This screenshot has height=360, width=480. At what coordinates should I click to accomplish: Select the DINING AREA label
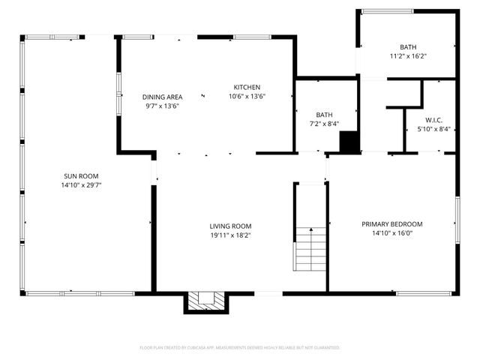(163, 97)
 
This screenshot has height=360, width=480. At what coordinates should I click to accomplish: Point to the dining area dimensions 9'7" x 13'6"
(163, 106)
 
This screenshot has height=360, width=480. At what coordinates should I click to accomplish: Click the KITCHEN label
(247, 87)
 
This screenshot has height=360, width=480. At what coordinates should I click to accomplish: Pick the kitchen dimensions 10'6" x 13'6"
(247, 96)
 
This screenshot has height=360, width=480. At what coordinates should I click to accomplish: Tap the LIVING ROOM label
(230, 226)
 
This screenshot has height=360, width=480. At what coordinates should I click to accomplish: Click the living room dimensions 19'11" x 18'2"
(230, 235)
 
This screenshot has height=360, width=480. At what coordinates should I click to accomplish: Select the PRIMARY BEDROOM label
(392, 223)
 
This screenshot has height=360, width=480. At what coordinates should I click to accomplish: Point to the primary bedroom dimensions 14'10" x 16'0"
(392, 233)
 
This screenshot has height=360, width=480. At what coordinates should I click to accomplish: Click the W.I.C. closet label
(433, 120)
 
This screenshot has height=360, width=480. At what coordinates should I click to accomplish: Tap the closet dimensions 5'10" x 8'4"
(433, 129)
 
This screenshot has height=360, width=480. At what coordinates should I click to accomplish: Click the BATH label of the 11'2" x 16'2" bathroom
(408, 46)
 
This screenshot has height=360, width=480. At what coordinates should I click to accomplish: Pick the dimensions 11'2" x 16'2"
(408, 55)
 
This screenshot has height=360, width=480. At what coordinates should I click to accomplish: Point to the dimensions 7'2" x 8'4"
(324, 124)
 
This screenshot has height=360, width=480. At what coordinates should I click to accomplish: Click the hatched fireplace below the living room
(205, 301)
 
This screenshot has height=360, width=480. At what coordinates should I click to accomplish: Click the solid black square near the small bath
(349, 142)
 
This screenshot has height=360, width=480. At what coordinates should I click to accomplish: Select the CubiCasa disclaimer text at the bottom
(240, 348)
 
